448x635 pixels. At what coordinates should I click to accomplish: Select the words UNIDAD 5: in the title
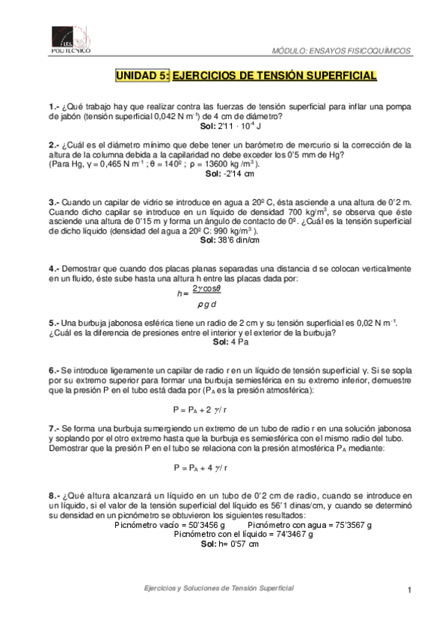click(142, 76)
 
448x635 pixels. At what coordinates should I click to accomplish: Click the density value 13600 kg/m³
click(226, 163)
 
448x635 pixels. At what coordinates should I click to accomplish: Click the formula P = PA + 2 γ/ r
click(200, 410)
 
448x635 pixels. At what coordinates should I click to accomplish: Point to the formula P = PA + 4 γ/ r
click(200, 467)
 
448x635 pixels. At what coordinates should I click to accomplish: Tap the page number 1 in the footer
click(411, 591)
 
